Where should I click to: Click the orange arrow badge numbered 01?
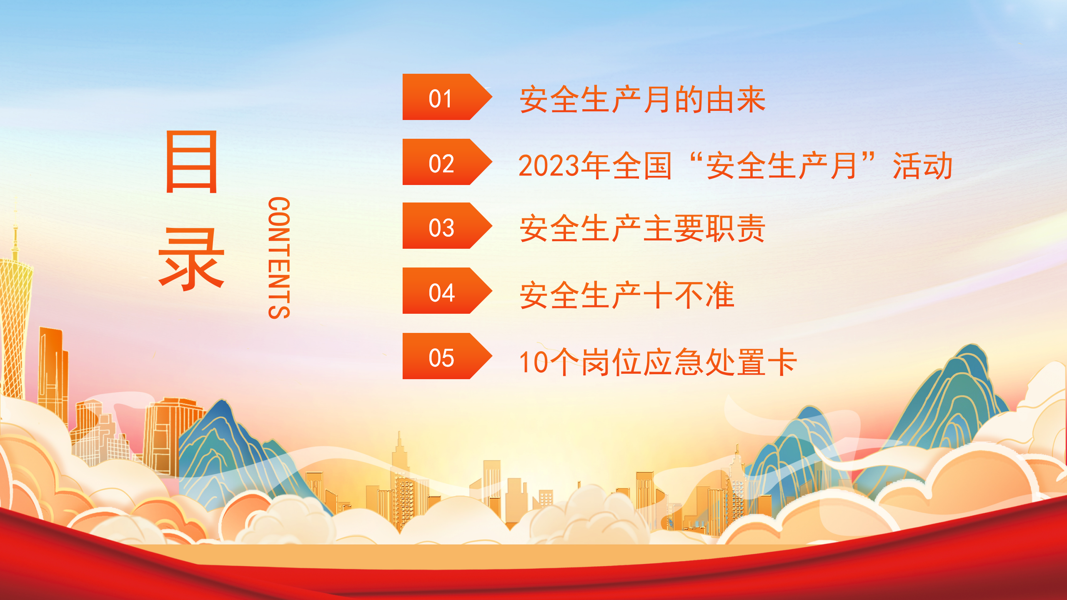point(447,97)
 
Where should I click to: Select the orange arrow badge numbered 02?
point(447,162)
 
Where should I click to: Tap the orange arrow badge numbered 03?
point(447,225)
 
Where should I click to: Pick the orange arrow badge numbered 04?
point(447,290)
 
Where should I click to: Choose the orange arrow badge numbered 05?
point(447,356)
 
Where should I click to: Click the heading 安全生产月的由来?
point(643,100)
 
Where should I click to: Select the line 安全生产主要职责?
point(642,228)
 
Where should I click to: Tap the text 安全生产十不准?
point(627,295)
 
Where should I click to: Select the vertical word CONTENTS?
point(279,258)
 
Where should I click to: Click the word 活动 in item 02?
point(923,166)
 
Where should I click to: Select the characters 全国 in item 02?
point(642,166)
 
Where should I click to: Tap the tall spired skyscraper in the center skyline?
point(400,479)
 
